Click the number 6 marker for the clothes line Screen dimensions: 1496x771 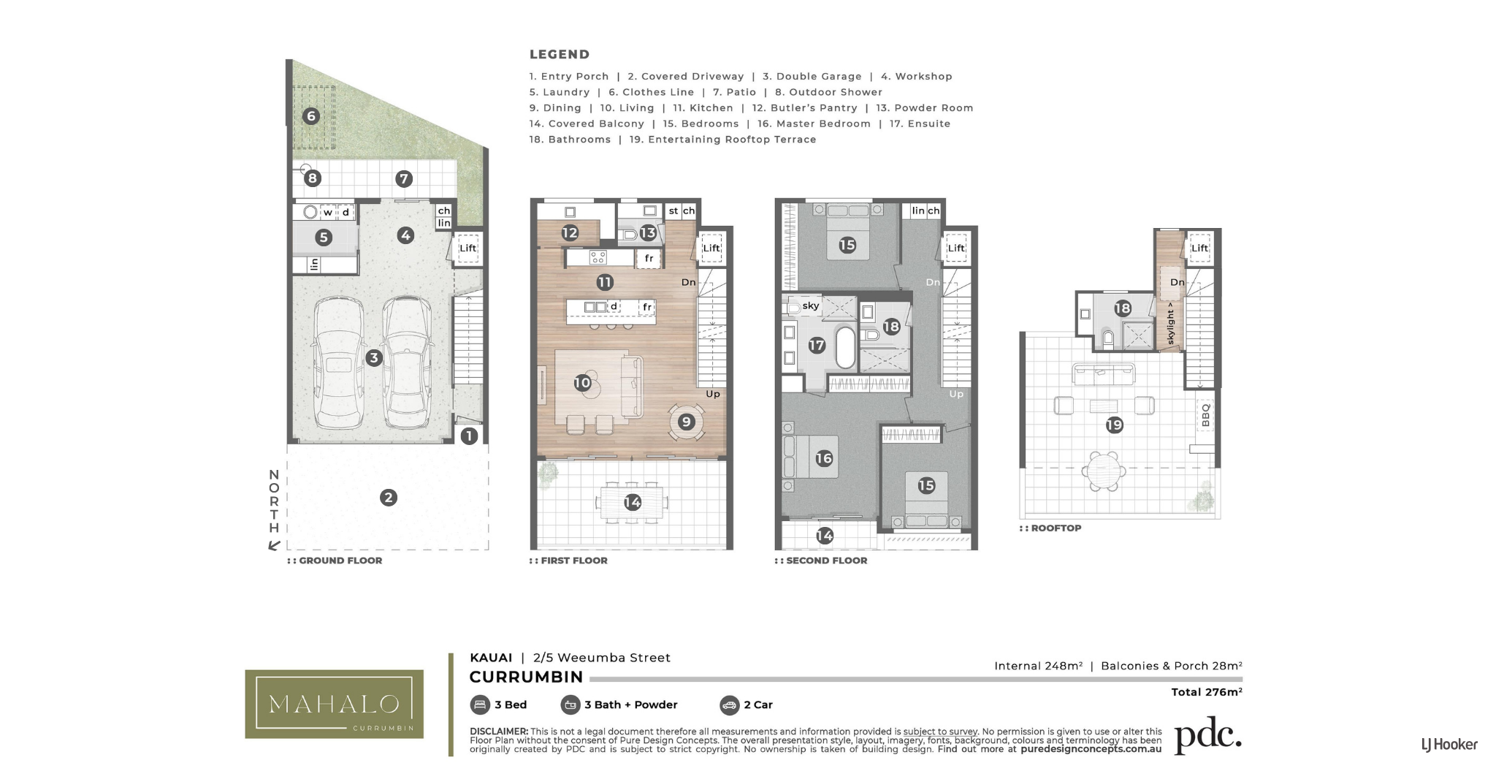[x=311, y=115]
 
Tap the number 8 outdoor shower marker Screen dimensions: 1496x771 [x=313, y=178]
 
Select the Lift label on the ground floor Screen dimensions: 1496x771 [x=467, y=248]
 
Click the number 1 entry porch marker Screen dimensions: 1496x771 [x=469, y=436]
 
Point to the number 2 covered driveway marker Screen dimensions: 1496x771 [x=388, y=498]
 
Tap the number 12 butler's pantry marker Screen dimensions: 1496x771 [x=570, y=232]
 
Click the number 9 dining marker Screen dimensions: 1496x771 [x=686, y=421]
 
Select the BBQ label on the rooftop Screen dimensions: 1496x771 [x=1205, y=414]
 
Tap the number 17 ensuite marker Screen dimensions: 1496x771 [x=817, y=345]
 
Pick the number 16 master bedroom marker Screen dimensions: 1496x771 [x=824, y=458]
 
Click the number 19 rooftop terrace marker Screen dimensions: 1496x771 [x=1114, y=425]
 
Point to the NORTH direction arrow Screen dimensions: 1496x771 [x=275, y=544]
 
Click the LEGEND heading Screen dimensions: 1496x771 [x=560, y=54]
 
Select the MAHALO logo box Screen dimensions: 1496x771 [x=334, y=704]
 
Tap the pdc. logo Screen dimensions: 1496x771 [x=1208, y=736]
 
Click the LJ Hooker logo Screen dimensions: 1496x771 [x=1449, y=745]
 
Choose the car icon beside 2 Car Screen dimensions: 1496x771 [x=729, y=704]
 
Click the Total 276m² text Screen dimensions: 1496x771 [x=1207, y=691]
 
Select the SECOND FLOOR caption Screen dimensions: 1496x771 [x=821, y=561]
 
